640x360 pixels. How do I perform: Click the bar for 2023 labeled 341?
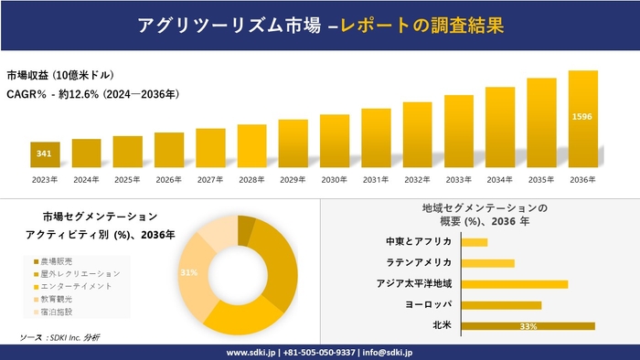(44, 154)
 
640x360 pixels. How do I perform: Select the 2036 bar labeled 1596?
(582, 119)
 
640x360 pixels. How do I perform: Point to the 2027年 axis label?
(210, 180)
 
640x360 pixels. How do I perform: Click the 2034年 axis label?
(500, 180)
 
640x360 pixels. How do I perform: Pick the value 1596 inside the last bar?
(582, 117)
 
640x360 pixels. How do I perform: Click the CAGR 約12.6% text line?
(92, 94)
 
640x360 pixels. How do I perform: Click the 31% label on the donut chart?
(188, 273)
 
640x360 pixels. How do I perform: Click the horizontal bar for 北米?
(528, 326)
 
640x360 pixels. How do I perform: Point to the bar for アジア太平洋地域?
(515, 284)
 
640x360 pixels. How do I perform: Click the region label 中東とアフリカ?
(419, 242)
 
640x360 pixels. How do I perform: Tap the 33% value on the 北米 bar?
(528, 326)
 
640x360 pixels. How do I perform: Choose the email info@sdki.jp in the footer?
(389, 352)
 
